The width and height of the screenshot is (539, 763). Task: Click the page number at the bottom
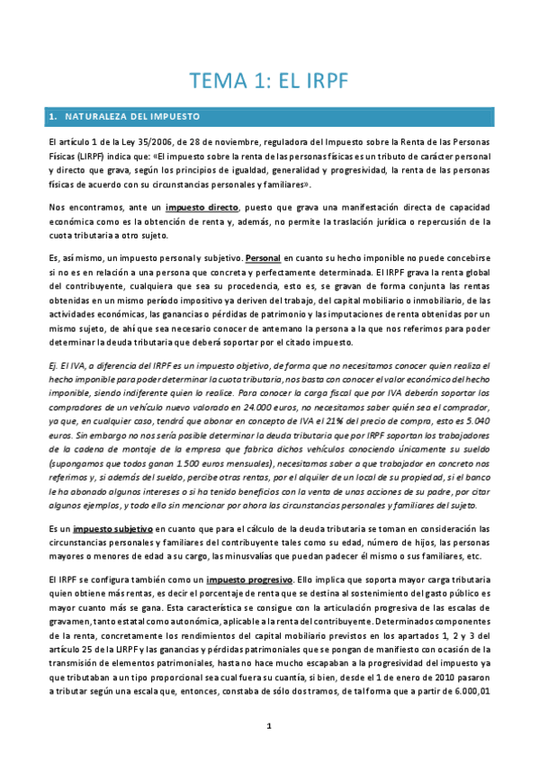tap(268, 724)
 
